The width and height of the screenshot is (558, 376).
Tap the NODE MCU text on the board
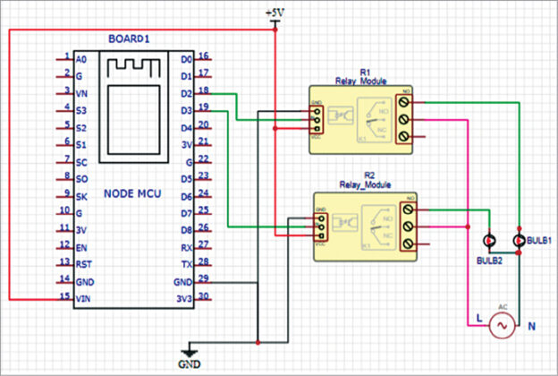pyautogui.click(x=131, y=193)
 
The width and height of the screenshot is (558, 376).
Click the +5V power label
pyautogui.click(x=275, y=12)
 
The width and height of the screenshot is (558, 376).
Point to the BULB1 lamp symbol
pyautogui.click(x=520, y=242)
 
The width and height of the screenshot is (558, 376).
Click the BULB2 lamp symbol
pyautogui.click(x=489, y=242)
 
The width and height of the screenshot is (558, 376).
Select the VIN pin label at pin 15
pyautogui.click(x=82, y=298)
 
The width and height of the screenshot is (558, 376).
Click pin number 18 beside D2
pyautogui.click(x=205, y=90)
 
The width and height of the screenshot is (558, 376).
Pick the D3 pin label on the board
pyautogui.click(x=185, y=110)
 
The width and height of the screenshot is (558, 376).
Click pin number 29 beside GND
pyautogui.click(x=205, y=280)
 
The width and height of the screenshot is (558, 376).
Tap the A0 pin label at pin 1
pyautogui.click(x=80, y=58)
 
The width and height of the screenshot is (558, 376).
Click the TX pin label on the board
pyautogui.click(x=186, y=264)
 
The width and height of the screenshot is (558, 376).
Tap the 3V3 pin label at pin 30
pyautogui.click(x=184, y=298)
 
